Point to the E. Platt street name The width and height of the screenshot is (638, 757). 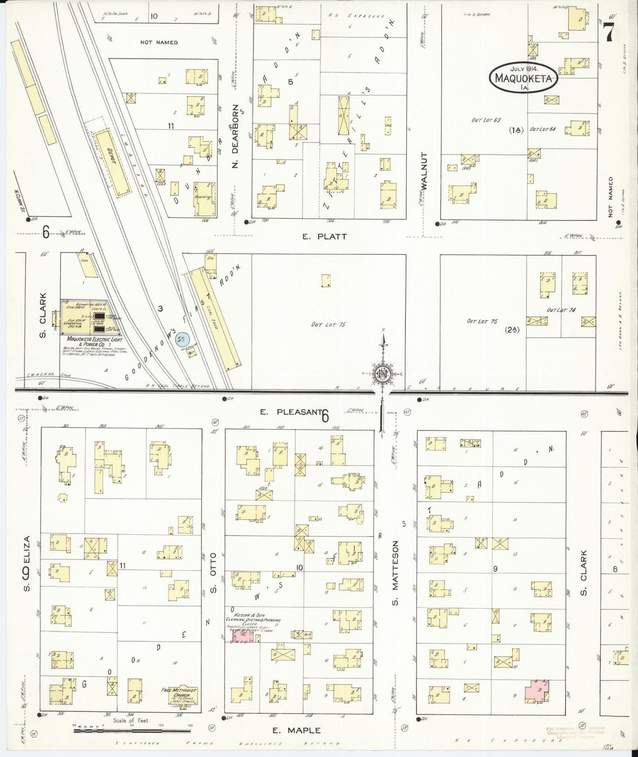click(325, 237)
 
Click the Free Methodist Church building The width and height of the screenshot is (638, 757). click(179, 696)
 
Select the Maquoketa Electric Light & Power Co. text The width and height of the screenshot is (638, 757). click(91, 341)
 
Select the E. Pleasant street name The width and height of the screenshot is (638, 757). click(289, 412)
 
